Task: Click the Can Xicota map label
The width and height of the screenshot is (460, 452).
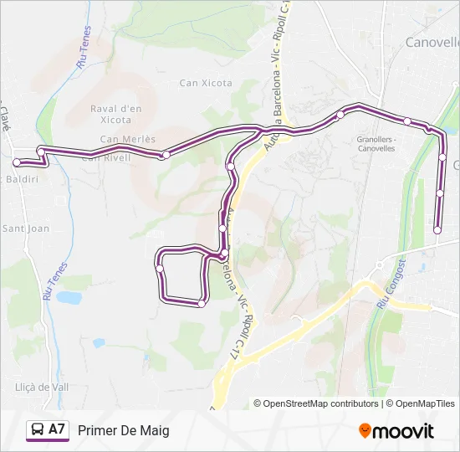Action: point(206,83)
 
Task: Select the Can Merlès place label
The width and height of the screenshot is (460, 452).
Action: point(128,139)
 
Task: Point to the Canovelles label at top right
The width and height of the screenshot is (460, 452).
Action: point(432,42)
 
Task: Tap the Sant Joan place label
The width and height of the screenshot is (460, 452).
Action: point(26,228)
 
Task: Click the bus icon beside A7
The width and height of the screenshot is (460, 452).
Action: point(38,430)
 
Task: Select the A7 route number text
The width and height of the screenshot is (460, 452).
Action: point(57,429)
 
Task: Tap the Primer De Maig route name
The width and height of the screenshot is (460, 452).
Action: point(124,430)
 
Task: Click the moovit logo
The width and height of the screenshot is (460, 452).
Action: point(396,431)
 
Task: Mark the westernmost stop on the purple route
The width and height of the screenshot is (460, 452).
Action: point(17,162)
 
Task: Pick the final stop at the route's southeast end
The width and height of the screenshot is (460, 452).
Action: point(437,230)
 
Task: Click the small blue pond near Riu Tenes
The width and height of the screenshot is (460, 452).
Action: point(69,297)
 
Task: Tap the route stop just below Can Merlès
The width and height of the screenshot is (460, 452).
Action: point(166,155)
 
